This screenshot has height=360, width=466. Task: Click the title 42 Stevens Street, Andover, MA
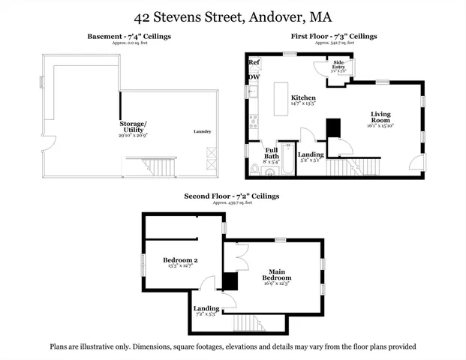pos(233,16)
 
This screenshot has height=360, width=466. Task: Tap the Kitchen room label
pos(303,98)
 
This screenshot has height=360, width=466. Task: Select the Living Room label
pos(380,118)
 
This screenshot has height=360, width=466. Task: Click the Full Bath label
pos(271,153)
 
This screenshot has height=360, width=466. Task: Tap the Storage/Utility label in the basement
pos(133,127)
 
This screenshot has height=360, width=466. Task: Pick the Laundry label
pos(202,132)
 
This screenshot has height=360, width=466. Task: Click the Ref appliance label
pos(254,62)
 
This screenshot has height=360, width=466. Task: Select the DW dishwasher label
pos(254,76)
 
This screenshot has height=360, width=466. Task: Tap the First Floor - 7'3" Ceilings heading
pos(334,36)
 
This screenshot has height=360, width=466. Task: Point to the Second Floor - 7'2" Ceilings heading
pos(232,196)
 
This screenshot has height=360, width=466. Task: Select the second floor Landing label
pos(206,308)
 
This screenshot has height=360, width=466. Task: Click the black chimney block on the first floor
pos(333,128)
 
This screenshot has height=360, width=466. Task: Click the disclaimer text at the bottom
pos(233,347)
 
